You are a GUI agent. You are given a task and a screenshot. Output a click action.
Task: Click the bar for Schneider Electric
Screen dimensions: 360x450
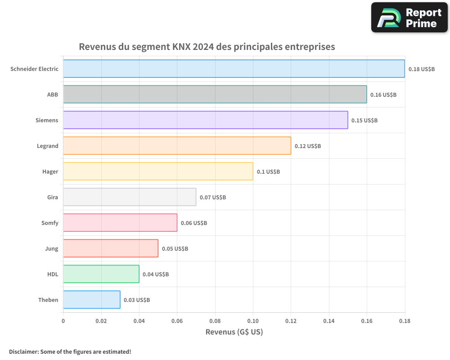[x=234, y=69]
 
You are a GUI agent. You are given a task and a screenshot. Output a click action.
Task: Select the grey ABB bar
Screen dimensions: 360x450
[x=215, y=94]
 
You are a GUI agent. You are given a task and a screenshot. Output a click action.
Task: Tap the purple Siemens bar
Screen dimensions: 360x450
[x=205, y=120]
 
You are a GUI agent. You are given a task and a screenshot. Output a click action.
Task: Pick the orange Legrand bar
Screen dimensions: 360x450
[x=177, y=146]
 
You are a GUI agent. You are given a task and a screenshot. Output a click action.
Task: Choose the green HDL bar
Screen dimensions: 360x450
[x=101, y=274]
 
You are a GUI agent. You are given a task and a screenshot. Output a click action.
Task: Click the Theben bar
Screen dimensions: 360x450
[x=91, y=300]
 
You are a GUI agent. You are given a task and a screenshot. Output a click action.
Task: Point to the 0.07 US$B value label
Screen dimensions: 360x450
[x=213, y=198]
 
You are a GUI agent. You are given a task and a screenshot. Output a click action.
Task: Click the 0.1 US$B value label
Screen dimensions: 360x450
[x=268, y=172]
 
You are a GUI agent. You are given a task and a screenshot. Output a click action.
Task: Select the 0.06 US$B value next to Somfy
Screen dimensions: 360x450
[x=194, y=223]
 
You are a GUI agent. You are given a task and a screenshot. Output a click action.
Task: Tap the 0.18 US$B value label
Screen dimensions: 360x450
[x=422, y=69]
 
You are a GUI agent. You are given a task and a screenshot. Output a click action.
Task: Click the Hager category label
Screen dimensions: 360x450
[x=50, y=172]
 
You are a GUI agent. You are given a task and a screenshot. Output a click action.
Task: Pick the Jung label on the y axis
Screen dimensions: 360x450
[x=51, y=249]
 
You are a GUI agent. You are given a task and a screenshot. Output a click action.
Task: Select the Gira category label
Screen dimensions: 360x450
[x=52, y=198]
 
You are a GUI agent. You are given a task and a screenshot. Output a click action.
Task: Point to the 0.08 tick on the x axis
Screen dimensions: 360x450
[x=215, y=321]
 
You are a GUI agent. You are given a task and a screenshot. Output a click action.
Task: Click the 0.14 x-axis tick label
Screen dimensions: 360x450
[x=329, y=321]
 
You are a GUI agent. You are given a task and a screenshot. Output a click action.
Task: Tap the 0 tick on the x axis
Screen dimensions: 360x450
[x=63, y=321]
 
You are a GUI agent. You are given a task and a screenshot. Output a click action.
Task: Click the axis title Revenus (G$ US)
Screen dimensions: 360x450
[x=234, y=332]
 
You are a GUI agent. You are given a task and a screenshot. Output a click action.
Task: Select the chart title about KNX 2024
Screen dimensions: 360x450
[x=207, y=47]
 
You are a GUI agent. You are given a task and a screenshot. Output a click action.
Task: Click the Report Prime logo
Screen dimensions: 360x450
[x=409, y=18]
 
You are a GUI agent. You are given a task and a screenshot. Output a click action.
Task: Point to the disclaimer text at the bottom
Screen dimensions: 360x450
[x=70, y=352]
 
